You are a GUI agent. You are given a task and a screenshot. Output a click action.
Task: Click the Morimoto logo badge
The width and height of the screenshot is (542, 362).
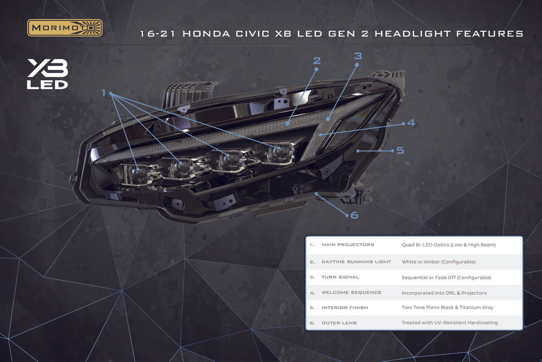[x=65, y=28]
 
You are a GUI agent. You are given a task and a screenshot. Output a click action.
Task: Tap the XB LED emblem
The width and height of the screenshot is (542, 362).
[x=47, y=74]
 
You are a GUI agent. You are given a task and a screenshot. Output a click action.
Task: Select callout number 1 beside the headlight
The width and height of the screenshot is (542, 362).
[x=103, y=93]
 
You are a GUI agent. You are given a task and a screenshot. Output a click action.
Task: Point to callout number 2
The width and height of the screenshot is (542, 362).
[x=317, y=61]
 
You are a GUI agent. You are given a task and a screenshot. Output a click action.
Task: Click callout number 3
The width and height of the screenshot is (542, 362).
[x=358, y=56]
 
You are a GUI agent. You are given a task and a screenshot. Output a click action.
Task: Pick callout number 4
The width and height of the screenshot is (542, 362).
[x=411, y=122]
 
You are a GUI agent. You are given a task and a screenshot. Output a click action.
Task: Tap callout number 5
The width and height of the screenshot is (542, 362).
[x=400, y=151]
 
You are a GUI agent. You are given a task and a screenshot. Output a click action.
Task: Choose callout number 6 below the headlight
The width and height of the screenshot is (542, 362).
[x=354, y=215]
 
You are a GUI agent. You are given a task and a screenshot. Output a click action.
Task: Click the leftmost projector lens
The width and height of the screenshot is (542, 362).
[x=135, y=173]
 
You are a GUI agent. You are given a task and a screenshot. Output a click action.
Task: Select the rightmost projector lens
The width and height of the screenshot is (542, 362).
[x=278, y=153]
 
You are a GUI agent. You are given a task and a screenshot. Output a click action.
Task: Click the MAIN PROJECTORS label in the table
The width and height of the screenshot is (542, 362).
[x=348, y=245]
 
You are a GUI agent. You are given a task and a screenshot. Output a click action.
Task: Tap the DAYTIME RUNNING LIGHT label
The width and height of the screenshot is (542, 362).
[x=356, y=262]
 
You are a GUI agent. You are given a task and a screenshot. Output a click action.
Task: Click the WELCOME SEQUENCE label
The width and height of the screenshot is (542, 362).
[x=351, y=293]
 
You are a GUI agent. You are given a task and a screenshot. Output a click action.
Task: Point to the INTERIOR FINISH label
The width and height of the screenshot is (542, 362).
[x=345, y=308]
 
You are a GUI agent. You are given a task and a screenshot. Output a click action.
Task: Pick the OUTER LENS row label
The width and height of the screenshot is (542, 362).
[x=339, y=323]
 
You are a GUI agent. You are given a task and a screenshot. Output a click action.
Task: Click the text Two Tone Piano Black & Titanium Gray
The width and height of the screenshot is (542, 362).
[x=447, y=307]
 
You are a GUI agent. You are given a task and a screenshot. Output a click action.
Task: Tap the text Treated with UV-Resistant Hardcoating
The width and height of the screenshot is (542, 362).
[x=450, y=322]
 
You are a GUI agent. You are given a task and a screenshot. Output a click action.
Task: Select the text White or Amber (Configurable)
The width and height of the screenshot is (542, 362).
[x=438, y=262]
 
